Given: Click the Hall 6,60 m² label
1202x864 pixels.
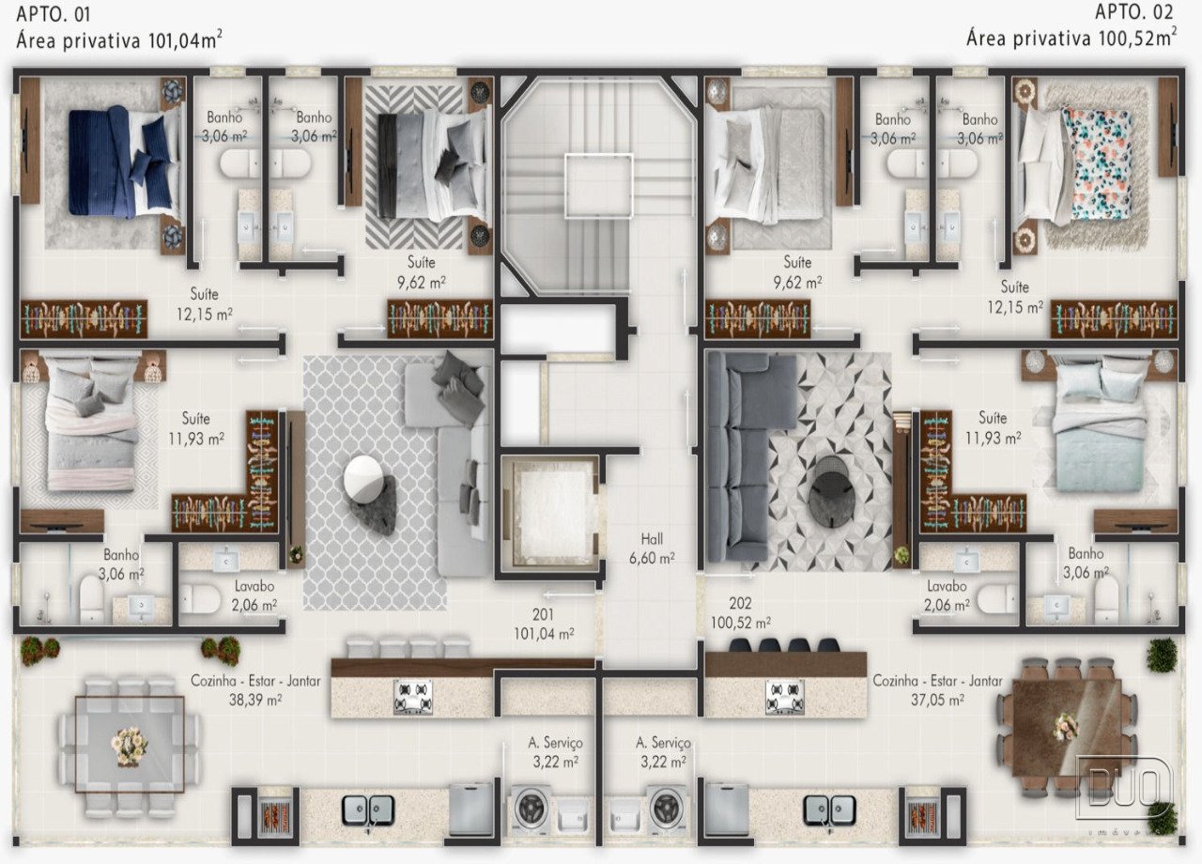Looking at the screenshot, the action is coord(652,548).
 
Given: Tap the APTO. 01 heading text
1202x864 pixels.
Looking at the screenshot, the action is coord(54,14).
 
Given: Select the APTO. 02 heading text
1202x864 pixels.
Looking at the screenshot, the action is coord(1133,12).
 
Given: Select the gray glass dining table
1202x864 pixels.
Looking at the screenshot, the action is coord(130,745).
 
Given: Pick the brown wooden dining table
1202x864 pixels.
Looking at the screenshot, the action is coord(1067,727).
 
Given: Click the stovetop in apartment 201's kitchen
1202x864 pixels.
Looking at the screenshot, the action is coord(412,697).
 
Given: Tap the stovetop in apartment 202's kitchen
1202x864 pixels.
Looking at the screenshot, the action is coord(784,696).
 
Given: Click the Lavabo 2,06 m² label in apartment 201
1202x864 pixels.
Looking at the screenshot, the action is coord(254,595).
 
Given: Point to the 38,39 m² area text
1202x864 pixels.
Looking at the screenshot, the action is coord(254,700).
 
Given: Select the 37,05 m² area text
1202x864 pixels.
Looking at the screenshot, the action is coord(937,700).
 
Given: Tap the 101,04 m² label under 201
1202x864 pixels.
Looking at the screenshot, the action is coord(544,634).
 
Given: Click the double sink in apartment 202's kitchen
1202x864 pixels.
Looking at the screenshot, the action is coord(829,810).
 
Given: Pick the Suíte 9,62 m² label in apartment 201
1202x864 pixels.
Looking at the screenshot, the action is coord(422,272).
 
